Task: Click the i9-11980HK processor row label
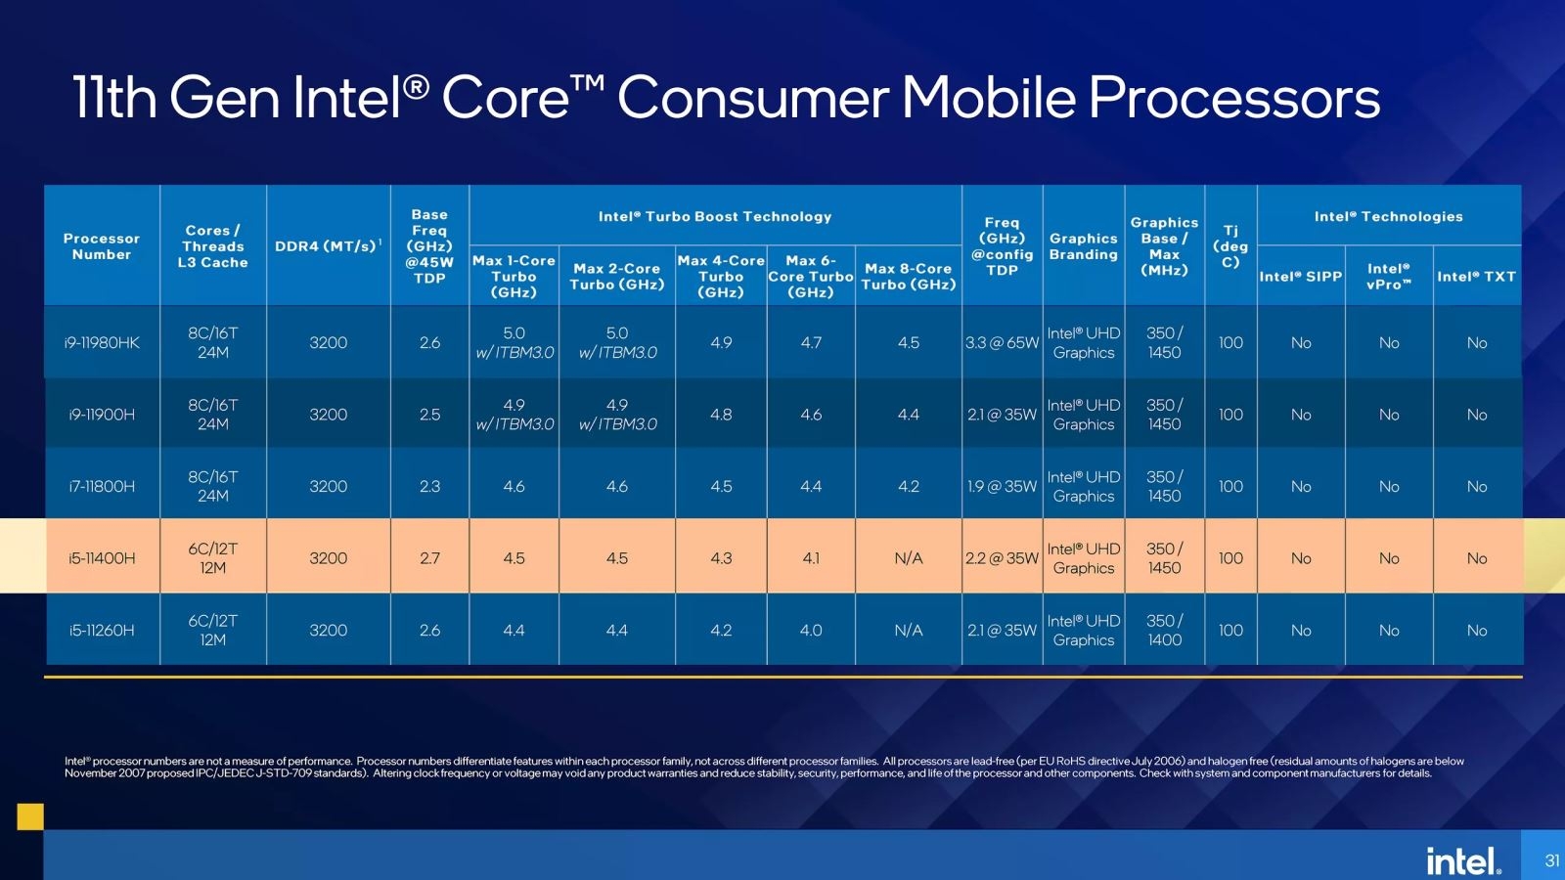point(102,342)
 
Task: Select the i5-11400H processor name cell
point(102,557)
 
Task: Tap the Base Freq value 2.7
point(429,557)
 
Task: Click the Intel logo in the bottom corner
point(1462,860)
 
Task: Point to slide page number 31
point(1551,860)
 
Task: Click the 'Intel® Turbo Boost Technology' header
point(715,216)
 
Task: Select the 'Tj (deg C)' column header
point(1230,245)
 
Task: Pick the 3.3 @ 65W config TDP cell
point(1002,342)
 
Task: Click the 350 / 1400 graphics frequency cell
point(1164,630)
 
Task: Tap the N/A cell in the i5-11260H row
point(908,630)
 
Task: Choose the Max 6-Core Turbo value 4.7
point(811,342)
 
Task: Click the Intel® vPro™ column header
point(1388,276)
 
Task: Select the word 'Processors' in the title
point(1233,98)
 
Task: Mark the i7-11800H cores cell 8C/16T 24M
point(212,486)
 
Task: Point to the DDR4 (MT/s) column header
point(328,245)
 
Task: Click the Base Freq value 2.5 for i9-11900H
point(429,415)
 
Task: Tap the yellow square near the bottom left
point(30,816)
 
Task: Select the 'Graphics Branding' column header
point(1083,245)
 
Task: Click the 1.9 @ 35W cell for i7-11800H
point(1002,486)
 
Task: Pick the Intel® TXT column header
point(1476,276)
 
